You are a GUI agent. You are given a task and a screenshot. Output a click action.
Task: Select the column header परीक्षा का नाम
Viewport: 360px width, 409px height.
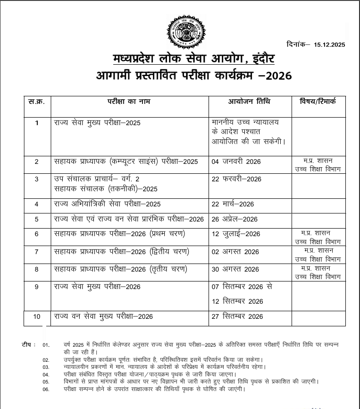pos(129,102)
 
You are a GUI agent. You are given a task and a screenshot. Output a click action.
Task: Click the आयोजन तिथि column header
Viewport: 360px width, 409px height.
pos(250,102)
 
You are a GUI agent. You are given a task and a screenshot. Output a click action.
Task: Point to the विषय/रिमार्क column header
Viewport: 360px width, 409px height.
pos(318,102)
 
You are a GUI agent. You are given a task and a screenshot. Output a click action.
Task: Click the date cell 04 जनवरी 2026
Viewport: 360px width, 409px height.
pos(236,162)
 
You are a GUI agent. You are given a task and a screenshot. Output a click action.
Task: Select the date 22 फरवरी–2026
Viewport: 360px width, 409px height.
pos(236,179)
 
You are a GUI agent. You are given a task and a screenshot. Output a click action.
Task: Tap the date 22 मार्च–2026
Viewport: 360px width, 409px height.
pos(233,204)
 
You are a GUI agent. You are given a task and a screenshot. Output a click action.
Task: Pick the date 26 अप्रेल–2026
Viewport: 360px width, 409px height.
pos(234,219)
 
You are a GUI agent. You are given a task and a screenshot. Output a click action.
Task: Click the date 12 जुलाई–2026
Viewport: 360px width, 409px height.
pos(236,234)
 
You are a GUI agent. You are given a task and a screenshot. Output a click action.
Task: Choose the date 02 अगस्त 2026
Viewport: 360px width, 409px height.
pos(235,252)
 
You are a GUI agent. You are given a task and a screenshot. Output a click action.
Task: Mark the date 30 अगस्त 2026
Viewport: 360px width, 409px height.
pos(235,269)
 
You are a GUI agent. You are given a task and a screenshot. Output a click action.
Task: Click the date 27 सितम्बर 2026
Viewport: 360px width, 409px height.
pos(237,316)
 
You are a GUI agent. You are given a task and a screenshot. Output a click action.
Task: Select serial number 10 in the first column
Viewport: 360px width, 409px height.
pos(37,316)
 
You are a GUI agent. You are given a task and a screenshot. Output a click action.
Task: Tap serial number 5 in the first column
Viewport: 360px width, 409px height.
pos(37,219)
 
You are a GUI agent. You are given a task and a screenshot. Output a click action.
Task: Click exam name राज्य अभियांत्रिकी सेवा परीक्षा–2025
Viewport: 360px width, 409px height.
pos(108,204)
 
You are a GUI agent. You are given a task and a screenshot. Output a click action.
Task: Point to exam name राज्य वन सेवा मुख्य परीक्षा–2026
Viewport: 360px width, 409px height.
pos(104,316)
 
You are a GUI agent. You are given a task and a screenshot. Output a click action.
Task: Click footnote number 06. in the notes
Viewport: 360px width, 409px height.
pos(46,389)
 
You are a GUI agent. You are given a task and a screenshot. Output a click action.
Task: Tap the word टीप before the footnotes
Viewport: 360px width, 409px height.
pos(27,344)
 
